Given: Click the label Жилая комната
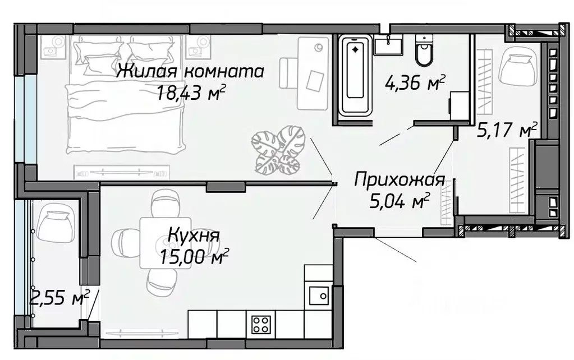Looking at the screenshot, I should point(190,71).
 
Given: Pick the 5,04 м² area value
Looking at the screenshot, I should point(400,200).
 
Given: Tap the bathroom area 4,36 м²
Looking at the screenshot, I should point(415,85).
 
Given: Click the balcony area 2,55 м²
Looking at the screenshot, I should point(59,298).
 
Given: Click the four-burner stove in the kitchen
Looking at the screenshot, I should point(261,324).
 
